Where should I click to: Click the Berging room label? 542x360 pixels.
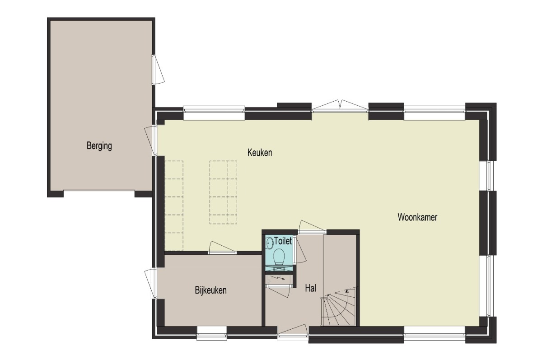[99, 146]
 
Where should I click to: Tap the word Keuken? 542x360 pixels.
[260, 153]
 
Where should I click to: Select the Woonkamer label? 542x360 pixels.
[417, 217]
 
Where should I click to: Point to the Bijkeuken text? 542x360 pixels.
[211, 290]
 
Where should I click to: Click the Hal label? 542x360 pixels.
[310, 288]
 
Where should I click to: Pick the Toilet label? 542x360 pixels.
[283, 241]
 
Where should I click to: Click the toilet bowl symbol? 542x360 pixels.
[279, 257]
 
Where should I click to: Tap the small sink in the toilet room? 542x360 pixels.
[269, 243]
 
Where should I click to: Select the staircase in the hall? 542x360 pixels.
[338, 307]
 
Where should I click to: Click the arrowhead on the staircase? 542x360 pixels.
[347, 291]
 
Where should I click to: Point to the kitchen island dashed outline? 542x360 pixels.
[223, 192]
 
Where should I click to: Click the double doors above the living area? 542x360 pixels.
[340, 106]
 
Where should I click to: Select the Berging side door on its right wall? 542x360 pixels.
[158, 70]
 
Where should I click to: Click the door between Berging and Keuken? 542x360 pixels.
[151, 141]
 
